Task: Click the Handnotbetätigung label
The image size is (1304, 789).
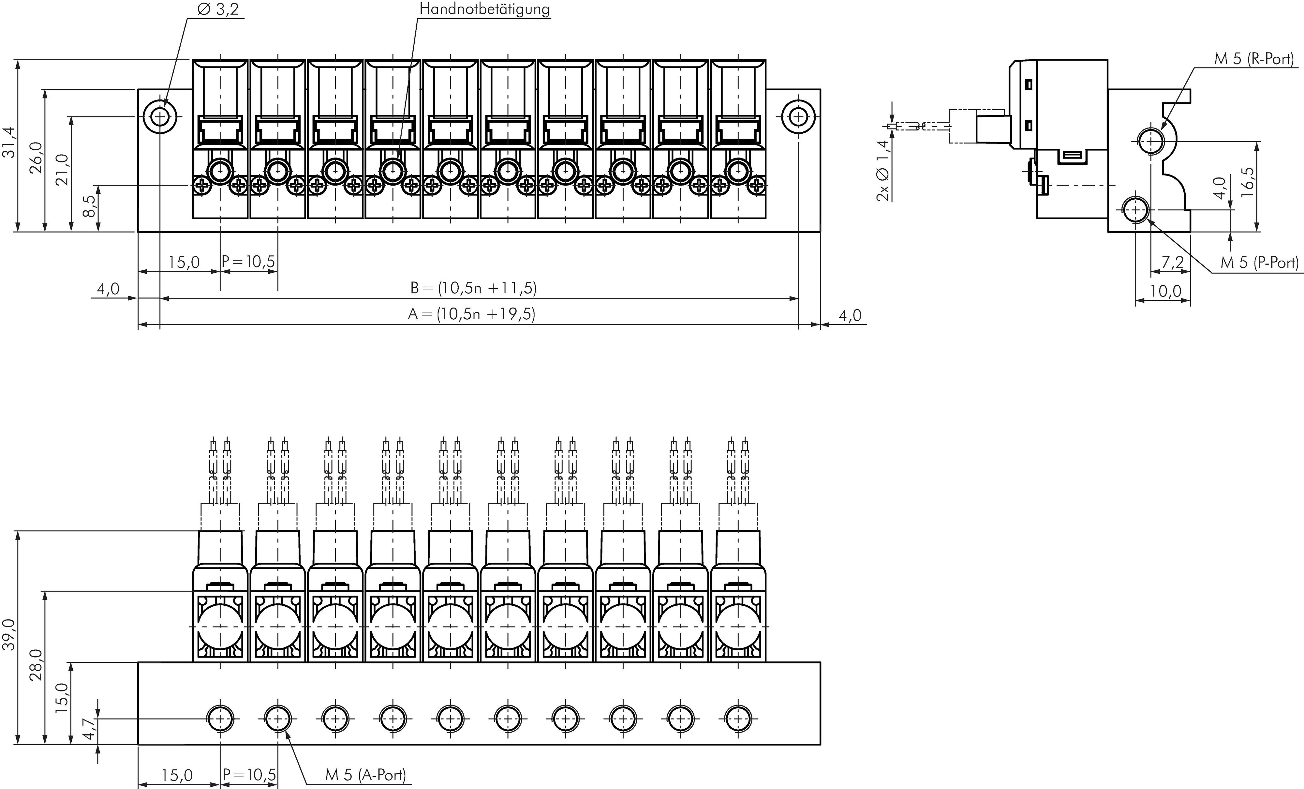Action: pyautogui.click(x=484, y=9)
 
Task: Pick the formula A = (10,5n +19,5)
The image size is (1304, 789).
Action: pyautogui.click(x=471, y=314)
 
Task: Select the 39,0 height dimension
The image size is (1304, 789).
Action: pyautogui.click(x=9, y=634)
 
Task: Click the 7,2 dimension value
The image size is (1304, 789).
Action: pyautogui.click(x=1173, y=262)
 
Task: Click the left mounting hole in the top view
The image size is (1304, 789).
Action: pyautogui.click(x=160, y=116)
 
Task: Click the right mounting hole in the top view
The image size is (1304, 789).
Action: pyautogui.click(x=798, y=116)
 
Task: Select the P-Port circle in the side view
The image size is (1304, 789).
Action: pyautogui.click(x=1135, y=210)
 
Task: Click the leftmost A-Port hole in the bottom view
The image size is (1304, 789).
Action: pyautogui.click(x=220, y=719)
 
